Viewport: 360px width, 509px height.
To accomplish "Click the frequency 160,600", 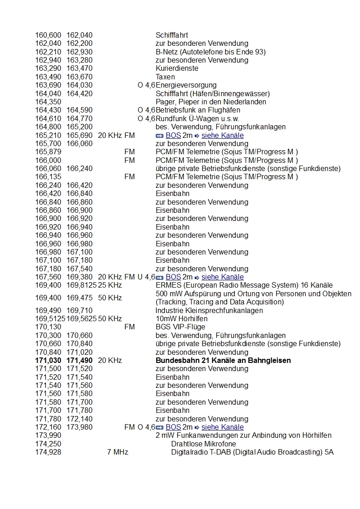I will [x=48, y=35].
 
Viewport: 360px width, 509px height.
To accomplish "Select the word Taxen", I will [x=165, y=77].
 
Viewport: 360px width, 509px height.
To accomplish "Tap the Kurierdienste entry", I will [x=177, y=69].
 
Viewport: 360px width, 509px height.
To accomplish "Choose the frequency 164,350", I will [x=48, y=102].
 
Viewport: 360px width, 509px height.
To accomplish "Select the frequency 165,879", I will [x=48, y=152].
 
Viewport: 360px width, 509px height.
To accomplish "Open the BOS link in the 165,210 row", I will [x=173, y=136].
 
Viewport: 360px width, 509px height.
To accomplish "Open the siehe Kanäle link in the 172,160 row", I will [x=222, y=427].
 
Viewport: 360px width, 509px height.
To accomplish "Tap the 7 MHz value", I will [x=118, y=452].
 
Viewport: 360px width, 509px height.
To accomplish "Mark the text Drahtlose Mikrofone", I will [x=203, y=444].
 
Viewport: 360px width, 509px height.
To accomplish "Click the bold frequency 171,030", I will [x=48, y=361].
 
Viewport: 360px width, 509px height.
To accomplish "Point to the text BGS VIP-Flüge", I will [x=180, y=327].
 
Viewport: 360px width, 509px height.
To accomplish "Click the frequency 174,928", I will [x=48, y=452].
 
